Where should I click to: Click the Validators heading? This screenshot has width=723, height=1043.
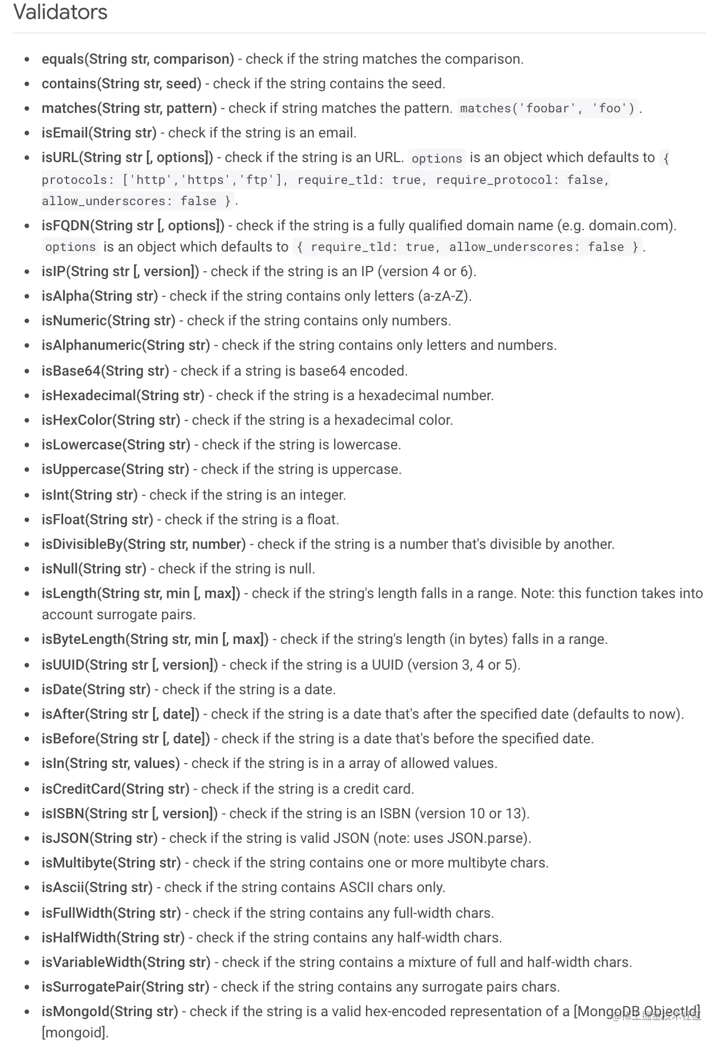click(60, 12)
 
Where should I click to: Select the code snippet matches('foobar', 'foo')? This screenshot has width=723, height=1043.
click(547, 108)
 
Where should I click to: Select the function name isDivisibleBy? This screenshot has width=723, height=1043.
click(82, 544)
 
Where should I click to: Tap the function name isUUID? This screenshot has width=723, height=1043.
click(63, 665)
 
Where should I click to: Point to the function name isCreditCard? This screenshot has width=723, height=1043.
click(81, 789)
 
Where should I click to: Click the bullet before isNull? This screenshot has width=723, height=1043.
click(27, 569)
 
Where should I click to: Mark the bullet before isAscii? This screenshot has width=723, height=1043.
click(27, 888)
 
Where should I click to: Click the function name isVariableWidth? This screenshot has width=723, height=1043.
click(92, 963)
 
